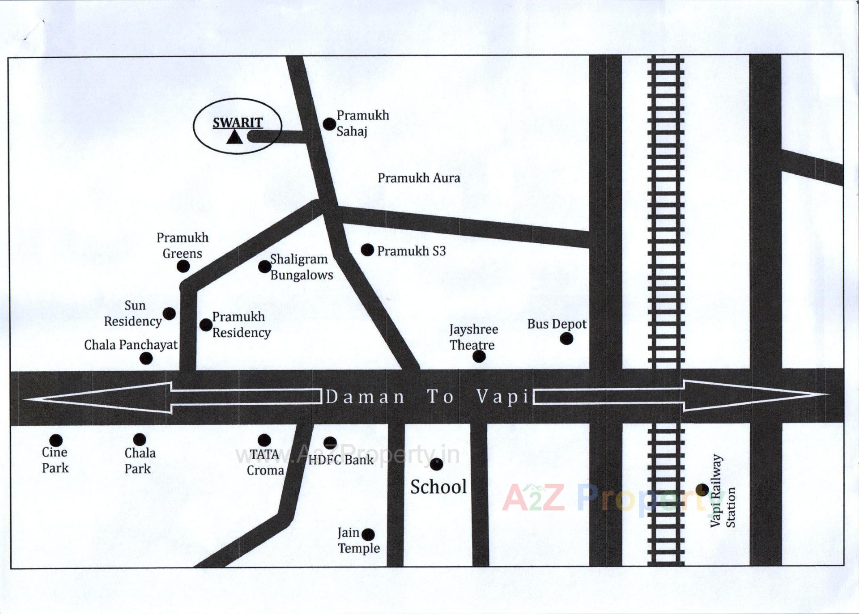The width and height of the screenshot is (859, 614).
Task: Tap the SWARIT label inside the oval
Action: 238,123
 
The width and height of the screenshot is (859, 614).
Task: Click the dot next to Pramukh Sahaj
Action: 329,124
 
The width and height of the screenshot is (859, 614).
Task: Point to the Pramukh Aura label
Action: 419,178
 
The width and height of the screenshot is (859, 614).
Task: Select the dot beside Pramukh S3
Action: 367,250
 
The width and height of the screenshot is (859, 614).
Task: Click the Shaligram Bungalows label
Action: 301,267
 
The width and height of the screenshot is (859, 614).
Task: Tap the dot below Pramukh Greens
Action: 183,267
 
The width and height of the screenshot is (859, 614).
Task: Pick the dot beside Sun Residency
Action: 169,313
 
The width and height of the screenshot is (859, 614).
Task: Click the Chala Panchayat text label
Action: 131,345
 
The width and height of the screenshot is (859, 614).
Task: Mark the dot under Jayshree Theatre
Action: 479,356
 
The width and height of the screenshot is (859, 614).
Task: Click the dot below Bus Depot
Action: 566,339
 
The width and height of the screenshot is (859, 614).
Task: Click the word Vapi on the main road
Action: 503,397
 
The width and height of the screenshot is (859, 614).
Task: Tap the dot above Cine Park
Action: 56,440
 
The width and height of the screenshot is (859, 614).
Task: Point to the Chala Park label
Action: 140,461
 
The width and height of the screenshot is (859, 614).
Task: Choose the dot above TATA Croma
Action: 264,440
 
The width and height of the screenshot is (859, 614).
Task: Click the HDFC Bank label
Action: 340,460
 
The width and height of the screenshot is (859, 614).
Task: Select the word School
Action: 438,487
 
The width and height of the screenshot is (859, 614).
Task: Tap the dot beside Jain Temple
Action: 368,534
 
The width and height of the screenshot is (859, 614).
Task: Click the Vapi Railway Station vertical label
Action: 723,491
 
